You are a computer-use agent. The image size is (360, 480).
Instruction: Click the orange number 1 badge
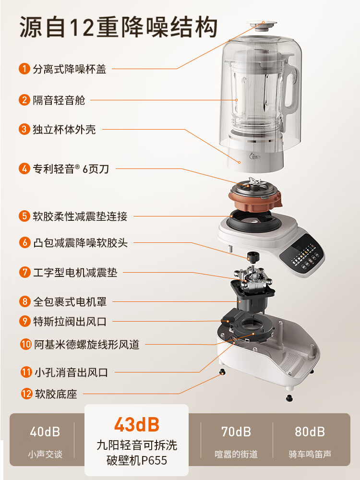coord(24,69)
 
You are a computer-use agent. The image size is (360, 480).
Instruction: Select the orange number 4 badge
coord(24,168)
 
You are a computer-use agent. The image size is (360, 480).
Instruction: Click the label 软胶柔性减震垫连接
coord(80,216)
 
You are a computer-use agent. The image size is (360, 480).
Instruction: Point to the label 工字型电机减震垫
coord(75,273)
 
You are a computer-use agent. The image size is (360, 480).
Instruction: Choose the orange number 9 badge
coord(24,322)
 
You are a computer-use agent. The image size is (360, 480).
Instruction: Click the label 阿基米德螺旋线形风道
coord(86,344)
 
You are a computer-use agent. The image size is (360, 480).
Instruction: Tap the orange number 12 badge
coord(26,394)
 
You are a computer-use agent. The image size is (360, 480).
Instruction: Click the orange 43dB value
coord(136,424)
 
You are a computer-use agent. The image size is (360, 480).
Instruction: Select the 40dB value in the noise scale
coord(45,432)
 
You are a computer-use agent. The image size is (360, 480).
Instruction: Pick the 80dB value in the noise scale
coord(310,432)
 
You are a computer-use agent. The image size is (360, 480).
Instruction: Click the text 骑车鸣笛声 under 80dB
coord(310,454)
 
